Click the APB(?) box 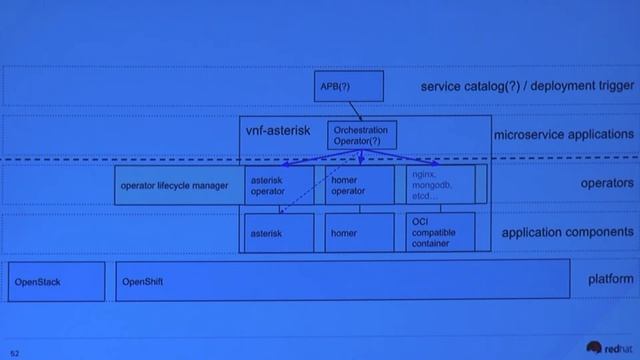point(349,87)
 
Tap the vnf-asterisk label point(279,130)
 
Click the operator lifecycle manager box point(175,185)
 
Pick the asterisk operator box point(280,185)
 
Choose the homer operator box point(359,185)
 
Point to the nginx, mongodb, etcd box point(440,185)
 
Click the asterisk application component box point(280,232)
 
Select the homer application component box point(359,232)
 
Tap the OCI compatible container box point(440,232)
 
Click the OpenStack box point(56,281)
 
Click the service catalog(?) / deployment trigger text point(526,87)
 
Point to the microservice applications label point(563,134)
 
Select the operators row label point(606,184)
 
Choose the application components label point(567,233)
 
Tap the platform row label point(610,279)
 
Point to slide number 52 point(15,352)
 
